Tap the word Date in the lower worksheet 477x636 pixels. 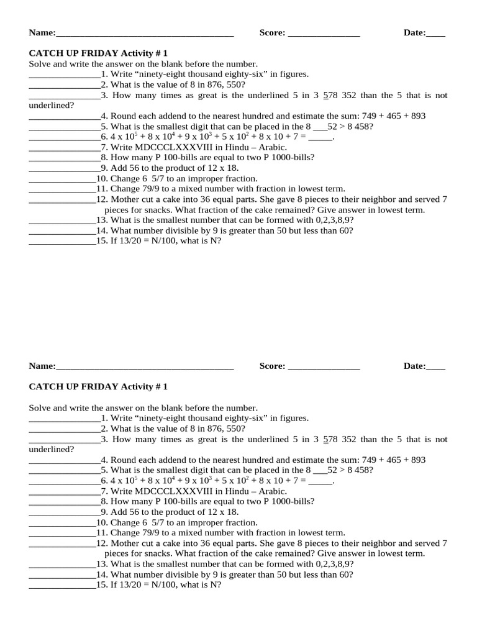tap(414, 366)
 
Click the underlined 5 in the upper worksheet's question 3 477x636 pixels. tap(325, 95)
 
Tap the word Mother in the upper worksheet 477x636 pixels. tap(125, 199)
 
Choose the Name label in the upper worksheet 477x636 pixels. tap(42, 33)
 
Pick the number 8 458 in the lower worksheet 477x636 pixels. tap(358, 470)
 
